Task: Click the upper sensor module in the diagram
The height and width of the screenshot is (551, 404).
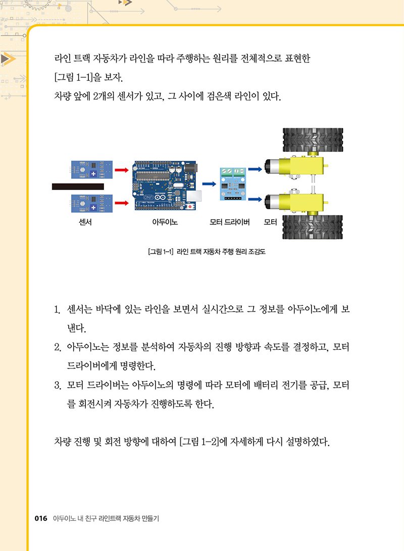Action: pos(92,170)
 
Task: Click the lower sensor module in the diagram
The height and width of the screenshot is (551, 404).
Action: pos(92,204)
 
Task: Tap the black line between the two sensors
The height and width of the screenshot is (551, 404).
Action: pos(78,187)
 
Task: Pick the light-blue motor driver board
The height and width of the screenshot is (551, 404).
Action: pos(233,184)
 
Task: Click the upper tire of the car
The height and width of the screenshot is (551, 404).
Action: pos(313,140)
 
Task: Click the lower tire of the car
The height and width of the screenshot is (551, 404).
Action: pos(313,227)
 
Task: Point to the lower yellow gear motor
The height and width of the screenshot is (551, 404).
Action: pos(295,203)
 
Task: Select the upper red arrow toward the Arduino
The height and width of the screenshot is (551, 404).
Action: pos(122,170)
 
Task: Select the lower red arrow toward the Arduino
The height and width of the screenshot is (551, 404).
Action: pos(122,203)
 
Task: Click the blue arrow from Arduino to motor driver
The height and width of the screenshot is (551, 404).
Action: pos(209,184)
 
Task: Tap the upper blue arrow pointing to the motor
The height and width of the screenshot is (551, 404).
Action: pos(255,169)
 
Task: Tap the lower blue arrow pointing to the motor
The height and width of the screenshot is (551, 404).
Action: pos(255,200)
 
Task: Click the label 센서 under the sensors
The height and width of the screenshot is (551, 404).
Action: pos(85,222)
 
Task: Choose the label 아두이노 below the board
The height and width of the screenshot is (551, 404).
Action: pos(165,222)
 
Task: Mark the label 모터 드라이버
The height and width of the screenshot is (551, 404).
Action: pos(229,222)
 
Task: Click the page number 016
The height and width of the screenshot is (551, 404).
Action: pos(41,518)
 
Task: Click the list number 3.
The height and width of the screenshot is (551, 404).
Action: pos(58,386)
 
